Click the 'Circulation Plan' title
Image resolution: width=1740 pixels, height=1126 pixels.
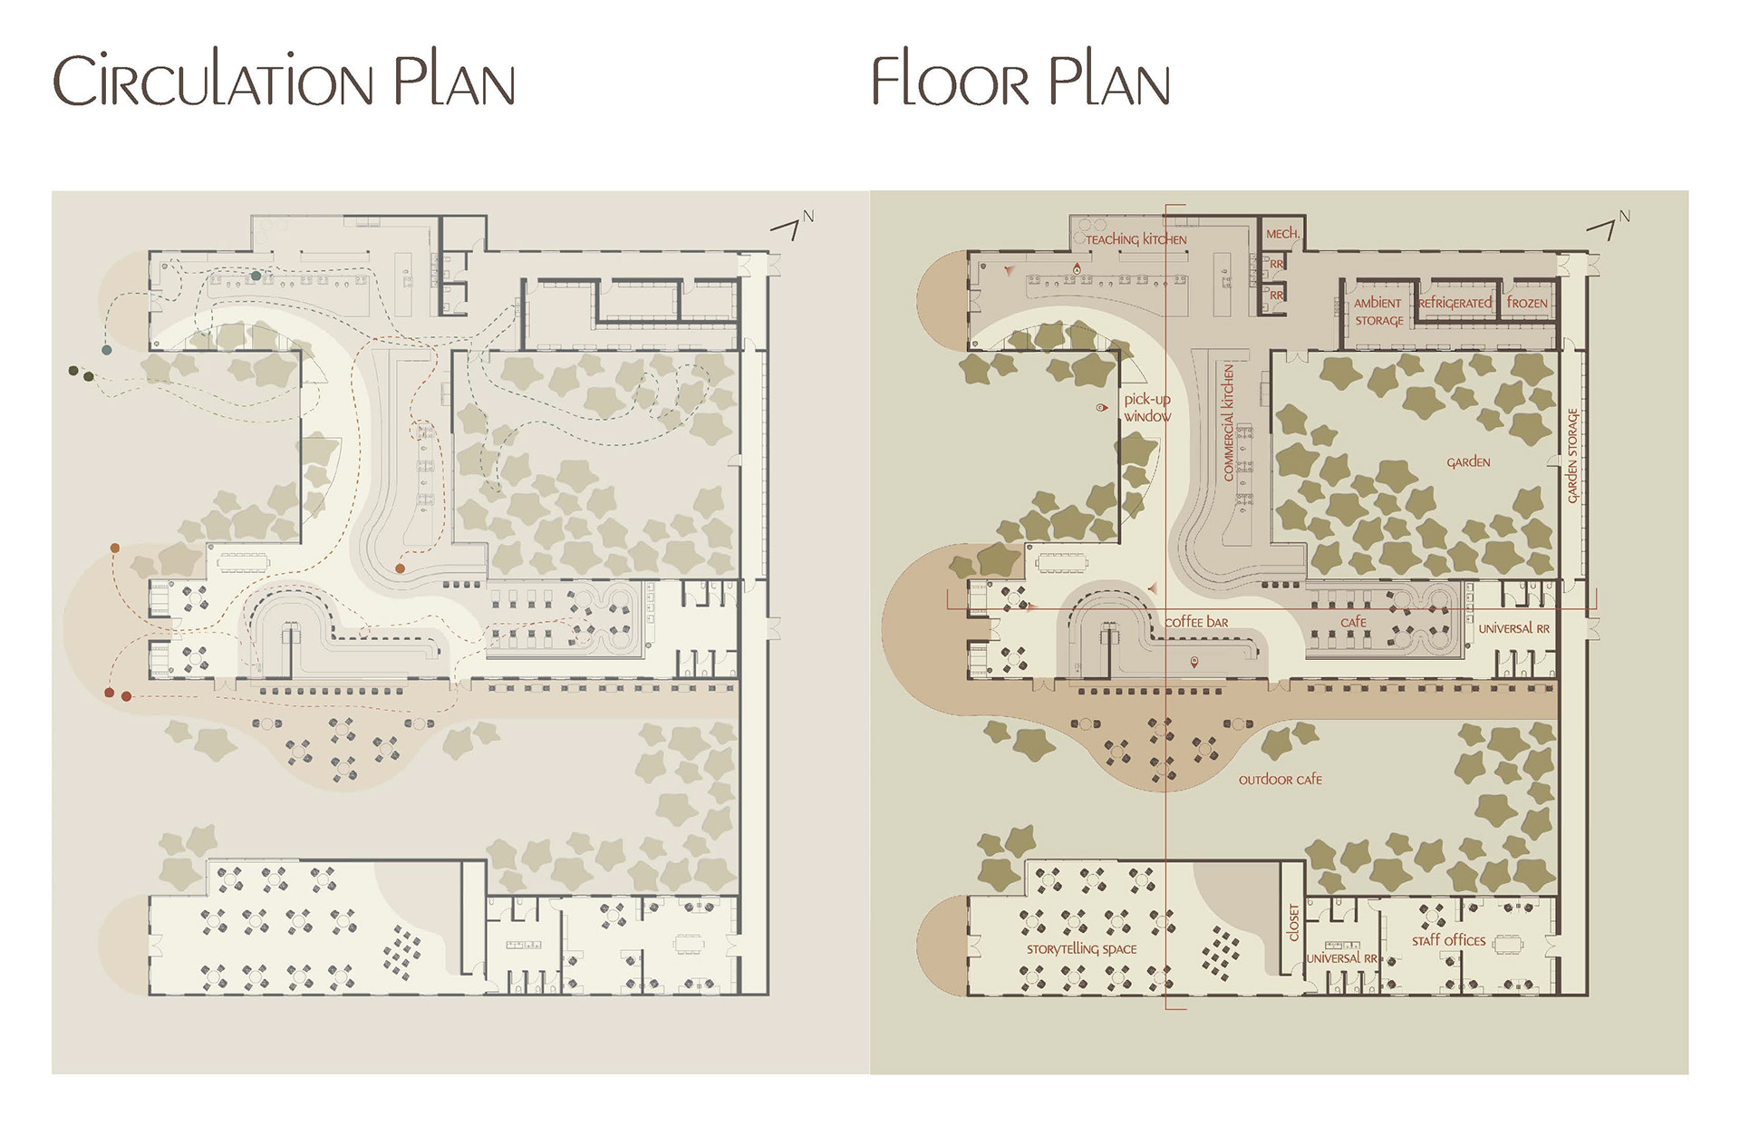284,81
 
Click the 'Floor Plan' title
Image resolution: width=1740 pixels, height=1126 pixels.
1020,81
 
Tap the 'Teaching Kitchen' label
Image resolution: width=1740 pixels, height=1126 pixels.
1136,239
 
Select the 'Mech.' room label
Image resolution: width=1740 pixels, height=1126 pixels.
1282,234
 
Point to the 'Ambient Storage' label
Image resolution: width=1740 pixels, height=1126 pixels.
1378,312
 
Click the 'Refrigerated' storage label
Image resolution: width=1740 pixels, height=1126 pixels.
1455,303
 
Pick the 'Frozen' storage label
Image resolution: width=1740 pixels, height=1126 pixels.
1527,303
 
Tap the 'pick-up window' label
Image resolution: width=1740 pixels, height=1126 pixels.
1147,408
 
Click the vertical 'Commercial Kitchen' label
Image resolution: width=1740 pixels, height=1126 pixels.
1229,422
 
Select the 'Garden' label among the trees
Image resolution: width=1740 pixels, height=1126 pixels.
1468,462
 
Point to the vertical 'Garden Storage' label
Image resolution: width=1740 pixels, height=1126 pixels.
1572,455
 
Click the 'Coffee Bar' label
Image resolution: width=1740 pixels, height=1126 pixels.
1196,622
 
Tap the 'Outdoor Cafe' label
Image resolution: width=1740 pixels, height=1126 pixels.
1280,780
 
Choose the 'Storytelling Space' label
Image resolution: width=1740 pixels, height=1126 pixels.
1081,949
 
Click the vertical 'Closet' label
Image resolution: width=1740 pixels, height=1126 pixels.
1293,923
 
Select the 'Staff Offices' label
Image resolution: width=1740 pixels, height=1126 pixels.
1448,941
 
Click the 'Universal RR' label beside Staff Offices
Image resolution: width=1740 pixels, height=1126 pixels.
1341,958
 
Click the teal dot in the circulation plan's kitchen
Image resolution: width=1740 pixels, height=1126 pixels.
256,276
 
